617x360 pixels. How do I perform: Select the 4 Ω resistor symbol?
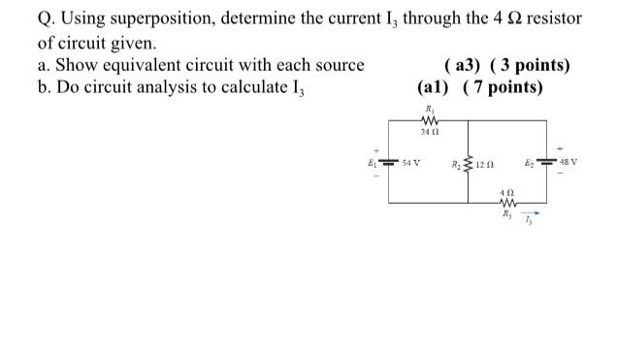506,203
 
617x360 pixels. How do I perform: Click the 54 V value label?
411,162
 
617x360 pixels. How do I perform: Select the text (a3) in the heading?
461,65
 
